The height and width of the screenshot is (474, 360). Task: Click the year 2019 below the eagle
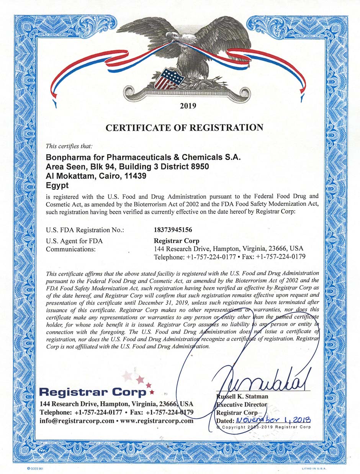188,106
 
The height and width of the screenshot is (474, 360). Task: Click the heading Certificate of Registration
185,127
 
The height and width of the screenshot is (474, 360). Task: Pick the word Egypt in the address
57,185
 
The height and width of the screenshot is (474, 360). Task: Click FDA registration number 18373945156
172,230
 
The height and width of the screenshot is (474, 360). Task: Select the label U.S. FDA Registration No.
85,230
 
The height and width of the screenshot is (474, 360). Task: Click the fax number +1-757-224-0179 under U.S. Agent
280,257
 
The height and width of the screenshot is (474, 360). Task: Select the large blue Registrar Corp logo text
93,392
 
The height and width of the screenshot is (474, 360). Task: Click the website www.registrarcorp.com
157,420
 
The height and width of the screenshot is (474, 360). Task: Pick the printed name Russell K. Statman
242,396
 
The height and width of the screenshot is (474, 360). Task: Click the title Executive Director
241,404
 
